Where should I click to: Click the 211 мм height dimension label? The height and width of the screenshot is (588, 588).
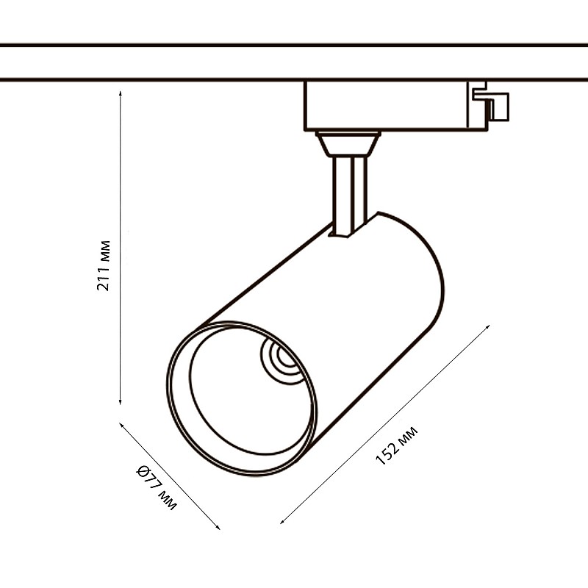[104, 265]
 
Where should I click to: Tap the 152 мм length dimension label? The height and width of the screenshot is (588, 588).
[396, 446]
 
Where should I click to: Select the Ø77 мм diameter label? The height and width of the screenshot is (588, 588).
[156, 487]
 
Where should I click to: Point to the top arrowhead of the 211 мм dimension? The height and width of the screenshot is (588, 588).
[120, 93]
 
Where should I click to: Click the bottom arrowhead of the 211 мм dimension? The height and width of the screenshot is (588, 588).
[120, 402]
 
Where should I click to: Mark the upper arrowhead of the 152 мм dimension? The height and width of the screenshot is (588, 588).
[487, 327]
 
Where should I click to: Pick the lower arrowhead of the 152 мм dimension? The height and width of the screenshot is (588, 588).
[282, 521]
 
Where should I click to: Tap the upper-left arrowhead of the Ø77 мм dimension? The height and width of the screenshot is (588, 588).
[121, 425]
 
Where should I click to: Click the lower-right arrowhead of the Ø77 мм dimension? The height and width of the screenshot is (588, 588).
[218, 527]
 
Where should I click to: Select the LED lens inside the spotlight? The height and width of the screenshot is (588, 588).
[282, 361]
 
